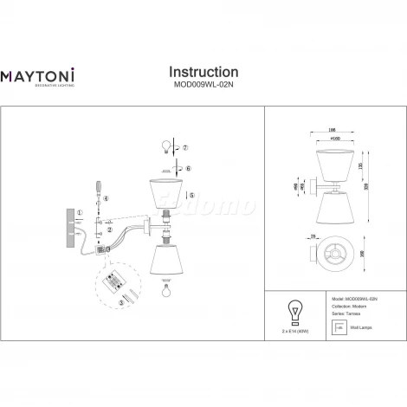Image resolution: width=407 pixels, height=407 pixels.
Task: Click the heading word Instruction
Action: pyautogui.click(x=203, y=72)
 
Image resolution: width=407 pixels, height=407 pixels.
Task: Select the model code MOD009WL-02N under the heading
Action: pyautogui.click(x=203, y=86)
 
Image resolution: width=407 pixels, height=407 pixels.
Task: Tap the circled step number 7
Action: pyautogui.click(x=184, y=148)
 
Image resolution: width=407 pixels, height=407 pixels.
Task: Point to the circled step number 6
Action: pyautogui.click(x=187, y=170)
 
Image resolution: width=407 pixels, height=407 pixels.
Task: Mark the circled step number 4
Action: pyautogui.click(x=106, y=199)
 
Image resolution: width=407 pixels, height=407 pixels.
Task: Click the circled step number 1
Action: pyautogui.click(x=80, y=212)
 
